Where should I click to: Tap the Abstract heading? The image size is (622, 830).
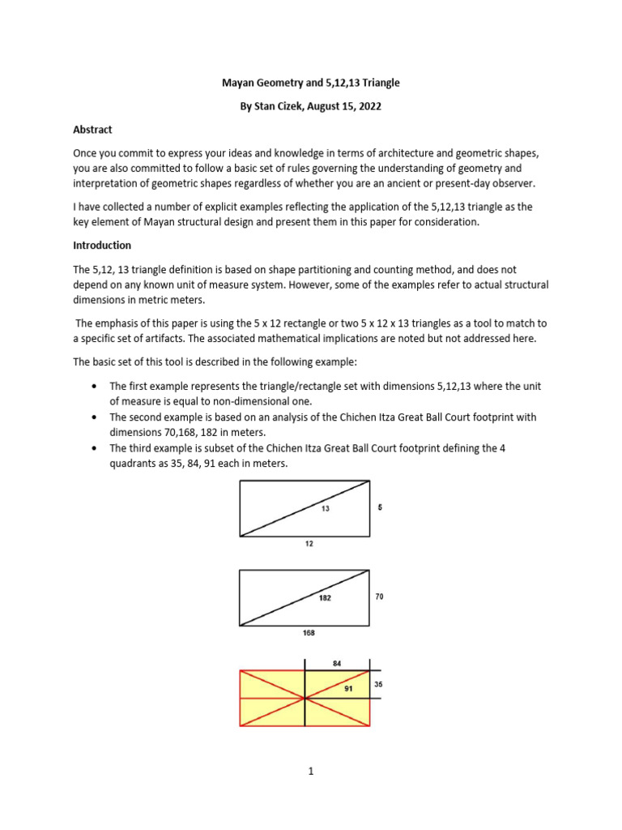click(92, 130)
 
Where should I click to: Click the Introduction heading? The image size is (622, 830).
click(102, 245)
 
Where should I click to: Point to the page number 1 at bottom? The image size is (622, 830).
click(310, 771)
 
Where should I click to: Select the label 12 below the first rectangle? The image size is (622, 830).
click(309, 544)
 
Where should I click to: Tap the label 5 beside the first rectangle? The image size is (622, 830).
click(379, 507)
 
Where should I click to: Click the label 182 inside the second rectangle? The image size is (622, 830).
click(324, 597)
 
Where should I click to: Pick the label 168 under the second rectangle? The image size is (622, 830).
click(309, 632)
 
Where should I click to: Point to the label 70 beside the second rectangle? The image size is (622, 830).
click(379, 596)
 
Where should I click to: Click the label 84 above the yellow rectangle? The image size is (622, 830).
click(337, 663)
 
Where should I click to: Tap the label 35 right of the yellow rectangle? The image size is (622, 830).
click(378, 684)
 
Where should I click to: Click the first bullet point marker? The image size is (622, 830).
click(97, 387)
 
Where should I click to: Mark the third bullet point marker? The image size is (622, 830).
click(97, 448)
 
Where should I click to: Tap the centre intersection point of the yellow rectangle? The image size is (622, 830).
click(305, 698)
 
